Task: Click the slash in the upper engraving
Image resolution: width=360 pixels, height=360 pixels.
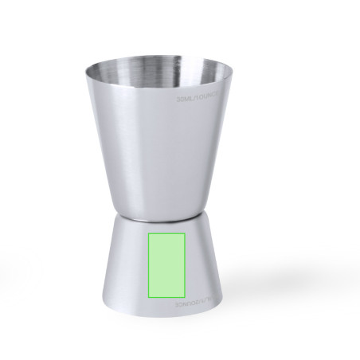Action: pos(201,101)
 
